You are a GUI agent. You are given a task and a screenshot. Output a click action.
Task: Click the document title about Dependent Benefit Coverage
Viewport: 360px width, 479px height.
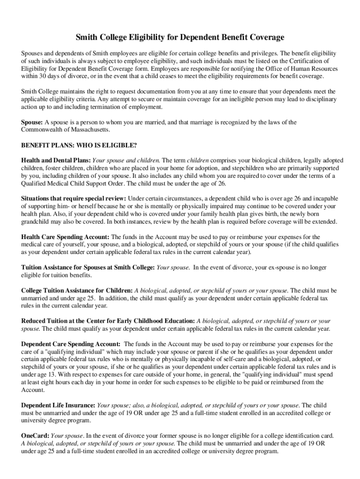point(180,37)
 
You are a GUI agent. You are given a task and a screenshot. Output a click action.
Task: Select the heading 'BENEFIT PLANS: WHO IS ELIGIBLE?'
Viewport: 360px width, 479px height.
point(79,145)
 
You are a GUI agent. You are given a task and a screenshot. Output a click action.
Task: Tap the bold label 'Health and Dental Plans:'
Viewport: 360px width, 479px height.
point(56,160)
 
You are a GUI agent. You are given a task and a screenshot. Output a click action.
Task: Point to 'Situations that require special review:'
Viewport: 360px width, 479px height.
point(73,198)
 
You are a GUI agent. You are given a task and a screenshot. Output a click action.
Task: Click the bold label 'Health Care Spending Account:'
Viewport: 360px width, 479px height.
point(65,237)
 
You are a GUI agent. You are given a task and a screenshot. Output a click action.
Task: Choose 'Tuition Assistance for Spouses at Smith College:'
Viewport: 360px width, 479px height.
point(88,268)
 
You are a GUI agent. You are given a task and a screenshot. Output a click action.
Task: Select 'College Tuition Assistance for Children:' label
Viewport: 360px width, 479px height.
point(77,290)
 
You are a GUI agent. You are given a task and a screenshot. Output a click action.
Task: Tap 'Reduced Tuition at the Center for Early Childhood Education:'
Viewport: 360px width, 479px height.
point(108,321)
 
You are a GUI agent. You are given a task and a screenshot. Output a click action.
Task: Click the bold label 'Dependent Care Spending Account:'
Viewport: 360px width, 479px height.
point(71,344)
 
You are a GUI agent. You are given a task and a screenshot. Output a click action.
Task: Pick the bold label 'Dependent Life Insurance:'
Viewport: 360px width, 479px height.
point(58,405)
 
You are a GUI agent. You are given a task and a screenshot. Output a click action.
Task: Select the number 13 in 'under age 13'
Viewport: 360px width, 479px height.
point(54,375)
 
